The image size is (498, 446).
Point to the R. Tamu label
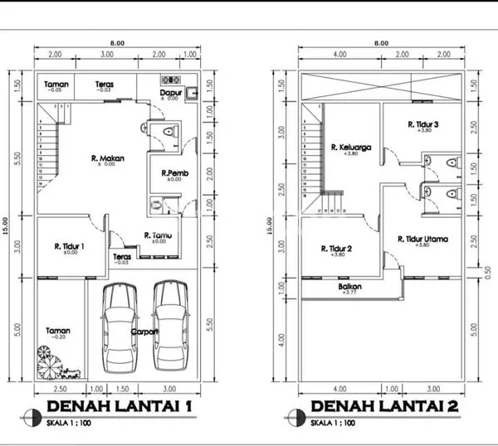point(158,235)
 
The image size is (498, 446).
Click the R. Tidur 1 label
point(70,246)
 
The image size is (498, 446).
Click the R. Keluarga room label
point(349,148)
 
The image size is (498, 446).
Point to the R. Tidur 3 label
point(422,124)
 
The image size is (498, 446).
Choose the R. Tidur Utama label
point(423,240)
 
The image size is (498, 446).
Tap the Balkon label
point(349,288)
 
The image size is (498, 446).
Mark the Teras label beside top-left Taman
point(104,85)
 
